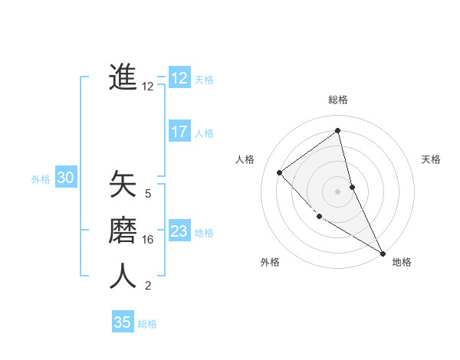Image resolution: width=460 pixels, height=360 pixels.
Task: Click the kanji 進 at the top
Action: (x=123, y=77)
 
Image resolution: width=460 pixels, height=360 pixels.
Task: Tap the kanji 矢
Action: (x=123, y=185)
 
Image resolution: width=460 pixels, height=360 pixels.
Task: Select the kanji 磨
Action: (x=123, y=231)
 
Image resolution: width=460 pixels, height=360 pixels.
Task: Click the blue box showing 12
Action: (x=179, y=78)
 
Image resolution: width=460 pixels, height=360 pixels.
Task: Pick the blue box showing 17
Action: (x=179, y=132)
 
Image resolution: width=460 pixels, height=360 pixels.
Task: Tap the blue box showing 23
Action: (x=179, y=231)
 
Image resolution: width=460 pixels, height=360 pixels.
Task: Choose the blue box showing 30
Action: (x=66, y=178)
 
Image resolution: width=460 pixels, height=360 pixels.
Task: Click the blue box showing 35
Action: (x=123, y=322)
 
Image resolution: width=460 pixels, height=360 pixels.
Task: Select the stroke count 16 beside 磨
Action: (x=148, y=240)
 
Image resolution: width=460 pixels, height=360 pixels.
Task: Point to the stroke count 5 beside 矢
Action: (x=148, y=194)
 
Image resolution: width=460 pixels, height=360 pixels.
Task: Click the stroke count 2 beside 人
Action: (x=148, y=286)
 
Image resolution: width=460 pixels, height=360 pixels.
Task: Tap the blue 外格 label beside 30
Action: (x=41, y=179)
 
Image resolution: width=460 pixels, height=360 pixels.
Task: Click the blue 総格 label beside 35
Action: (x=147, y=324)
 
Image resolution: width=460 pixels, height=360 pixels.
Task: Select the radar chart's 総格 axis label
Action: (x=338, y=100)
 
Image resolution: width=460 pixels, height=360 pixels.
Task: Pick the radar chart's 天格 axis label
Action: (x=431, y=159)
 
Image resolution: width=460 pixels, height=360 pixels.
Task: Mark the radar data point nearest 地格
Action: (x=383, y=252)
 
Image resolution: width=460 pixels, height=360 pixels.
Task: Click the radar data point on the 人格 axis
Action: (x=280, y=172)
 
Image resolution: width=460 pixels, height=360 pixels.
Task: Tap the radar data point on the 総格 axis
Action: (x=338, y=130)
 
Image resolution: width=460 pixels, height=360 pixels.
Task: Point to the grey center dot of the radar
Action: (x=338, y=191)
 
